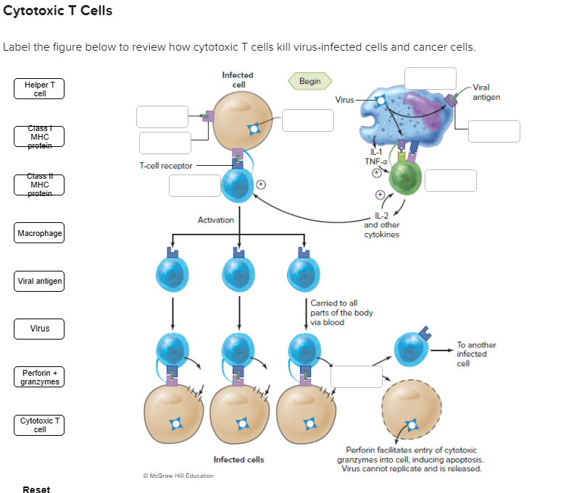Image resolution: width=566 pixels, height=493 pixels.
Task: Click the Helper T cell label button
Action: click(40, 89)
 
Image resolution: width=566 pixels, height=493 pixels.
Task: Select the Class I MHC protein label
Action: click(40, 136)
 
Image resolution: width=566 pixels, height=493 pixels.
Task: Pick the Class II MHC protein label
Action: click(40, 184)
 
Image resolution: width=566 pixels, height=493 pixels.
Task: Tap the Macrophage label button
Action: click(40, 233)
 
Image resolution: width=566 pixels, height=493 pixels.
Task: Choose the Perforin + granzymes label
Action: click(40, 376)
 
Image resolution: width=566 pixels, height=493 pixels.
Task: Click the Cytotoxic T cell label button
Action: click(40, 425)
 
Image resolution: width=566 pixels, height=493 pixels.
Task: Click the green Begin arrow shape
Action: click(309, 81)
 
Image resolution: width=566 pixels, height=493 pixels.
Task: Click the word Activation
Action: click(215, 220)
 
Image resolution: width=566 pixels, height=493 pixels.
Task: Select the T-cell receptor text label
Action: click(166, 166)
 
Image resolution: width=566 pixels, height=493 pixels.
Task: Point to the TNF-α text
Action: click(374, 161)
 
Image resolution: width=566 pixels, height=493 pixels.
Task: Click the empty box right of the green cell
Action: click(451, 180)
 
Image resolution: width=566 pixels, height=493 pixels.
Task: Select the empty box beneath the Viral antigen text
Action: click(494, 131)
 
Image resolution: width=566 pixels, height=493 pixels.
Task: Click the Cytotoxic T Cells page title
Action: click(58, 12)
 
